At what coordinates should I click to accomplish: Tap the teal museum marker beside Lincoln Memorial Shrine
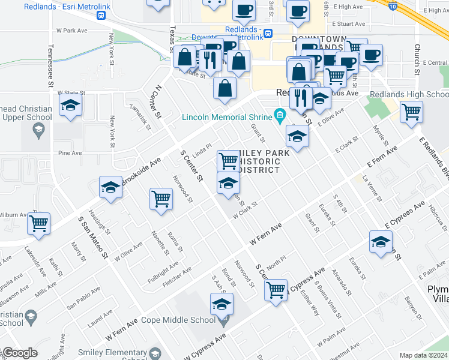click(x=280, y=114)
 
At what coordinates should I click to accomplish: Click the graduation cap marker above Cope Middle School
click(x=221, y=305)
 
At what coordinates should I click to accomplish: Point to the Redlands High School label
click(x=409, y=94)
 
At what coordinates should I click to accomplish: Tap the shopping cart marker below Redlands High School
click(x=412, y=112)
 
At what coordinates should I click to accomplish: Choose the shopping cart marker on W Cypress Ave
click(x=276, y=290)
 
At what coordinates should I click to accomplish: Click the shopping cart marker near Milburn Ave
click(x=39, y=224)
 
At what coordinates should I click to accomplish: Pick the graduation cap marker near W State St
click(x=71, y=106)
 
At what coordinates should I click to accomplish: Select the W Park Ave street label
click(x=71, y=29)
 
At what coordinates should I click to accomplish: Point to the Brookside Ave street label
click(x=142, y=171)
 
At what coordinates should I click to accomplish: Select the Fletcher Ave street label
click(x=178, y=274)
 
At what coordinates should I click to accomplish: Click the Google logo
click(x=19, y=353)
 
